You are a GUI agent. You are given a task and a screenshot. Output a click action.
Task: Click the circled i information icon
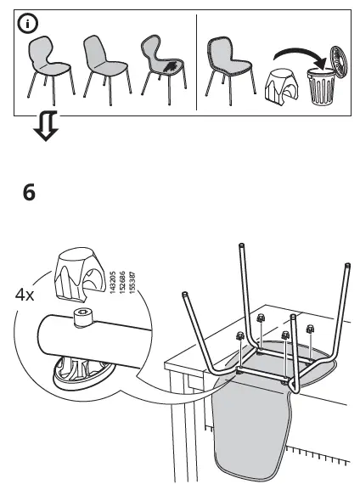tap(30, 24)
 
